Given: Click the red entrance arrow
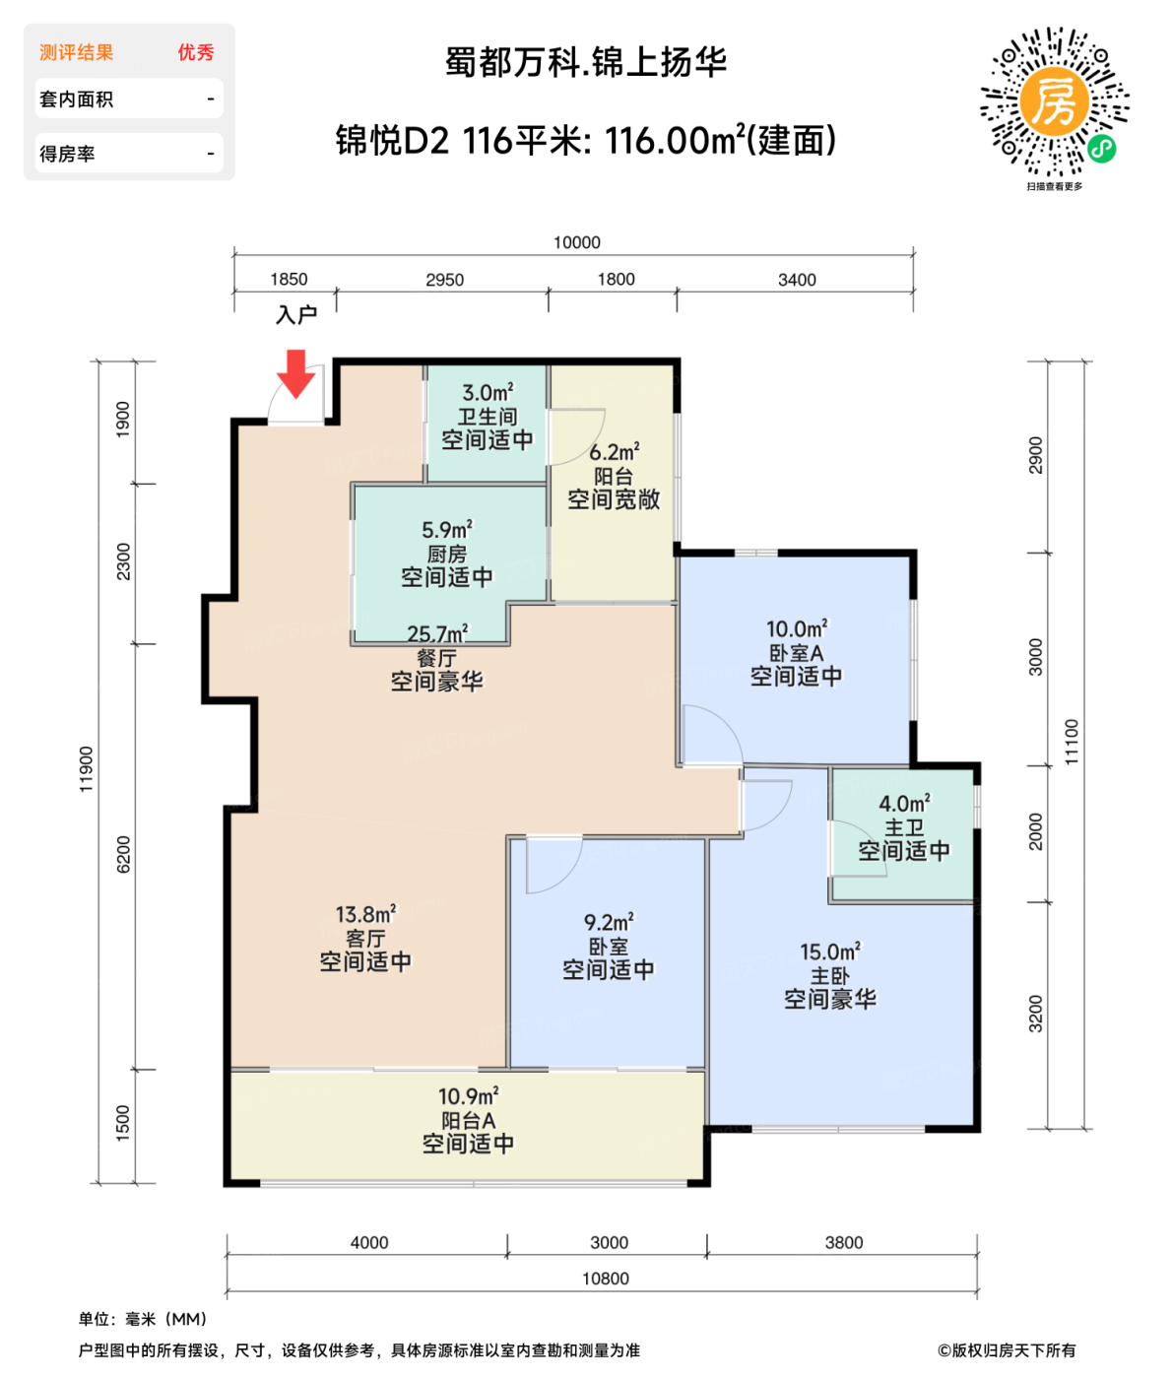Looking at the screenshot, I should (294, 373).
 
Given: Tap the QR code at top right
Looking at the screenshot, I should (1054, 102).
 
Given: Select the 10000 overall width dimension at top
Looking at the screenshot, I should (576, 242).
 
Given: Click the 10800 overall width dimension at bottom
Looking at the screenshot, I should (605, 1279).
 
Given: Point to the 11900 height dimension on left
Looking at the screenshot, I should (87, 768).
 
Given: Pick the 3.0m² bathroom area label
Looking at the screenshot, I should (488, 393).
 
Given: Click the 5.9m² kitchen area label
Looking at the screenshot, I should (446, 530).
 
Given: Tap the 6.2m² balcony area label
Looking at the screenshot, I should (615, 452).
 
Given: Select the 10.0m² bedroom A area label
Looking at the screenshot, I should (797, 628).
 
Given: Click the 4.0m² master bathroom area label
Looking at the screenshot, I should (904, 804).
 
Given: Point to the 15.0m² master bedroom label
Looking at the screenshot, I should (829, 952).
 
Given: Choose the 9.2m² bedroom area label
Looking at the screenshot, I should (609, 923).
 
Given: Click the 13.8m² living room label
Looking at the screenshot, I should (365, 915).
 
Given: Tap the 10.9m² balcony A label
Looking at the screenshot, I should (468, 1096).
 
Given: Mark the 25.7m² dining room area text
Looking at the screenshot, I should (437, 634).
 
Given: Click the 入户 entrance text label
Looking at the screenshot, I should (295, 314).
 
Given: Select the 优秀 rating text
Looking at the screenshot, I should (195, 52).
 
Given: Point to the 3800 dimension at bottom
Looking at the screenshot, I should (843, 1242).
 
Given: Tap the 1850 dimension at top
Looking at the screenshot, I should (289, 280).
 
